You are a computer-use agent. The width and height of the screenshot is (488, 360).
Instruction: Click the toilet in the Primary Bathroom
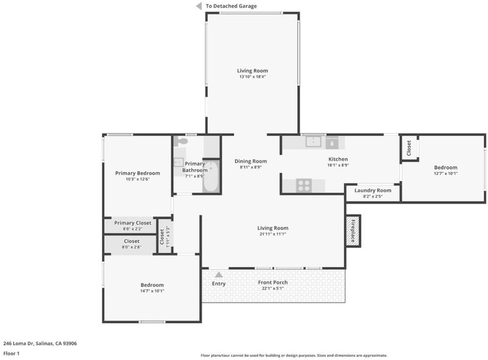180,141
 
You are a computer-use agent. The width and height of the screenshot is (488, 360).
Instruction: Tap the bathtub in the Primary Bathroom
211,176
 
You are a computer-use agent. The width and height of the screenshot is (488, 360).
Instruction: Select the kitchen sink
313,142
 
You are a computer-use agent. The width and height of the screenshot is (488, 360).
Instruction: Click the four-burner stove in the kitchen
304,185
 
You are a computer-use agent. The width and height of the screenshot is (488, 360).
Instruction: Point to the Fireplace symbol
353,231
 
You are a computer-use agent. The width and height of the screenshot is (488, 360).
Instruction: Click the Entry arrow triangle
219,275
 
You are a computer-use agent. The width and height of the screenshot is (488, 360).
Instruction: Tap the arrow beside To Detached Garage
199,6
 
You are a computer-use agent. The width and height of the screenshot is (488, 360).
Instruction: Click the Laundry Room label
373,190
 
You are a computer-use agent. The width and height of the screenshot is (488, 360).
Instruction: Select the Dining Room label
251,161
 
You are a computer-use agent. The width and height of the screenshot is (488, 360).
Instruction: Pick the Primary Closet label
132,223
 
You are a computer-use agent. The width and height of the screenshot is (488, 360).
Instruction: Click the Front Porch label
273,282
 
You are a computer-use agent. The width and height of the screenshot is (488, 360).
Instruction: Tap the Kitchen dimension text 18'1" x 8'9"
338,165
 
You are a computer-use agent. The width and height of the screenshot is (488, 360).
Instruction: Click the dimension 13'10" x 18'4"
253,77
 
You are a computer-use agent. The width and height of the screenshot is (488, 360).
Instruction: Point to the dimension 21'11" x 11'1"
273,234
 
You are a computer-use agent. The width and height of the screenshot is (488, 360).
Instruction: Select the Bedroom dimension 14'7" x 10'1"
152,291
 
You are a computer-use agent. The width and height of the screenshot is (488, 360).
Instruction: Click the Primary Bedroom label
138,173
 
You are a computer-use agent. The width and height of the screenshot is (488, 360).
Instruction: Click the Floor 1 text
11,353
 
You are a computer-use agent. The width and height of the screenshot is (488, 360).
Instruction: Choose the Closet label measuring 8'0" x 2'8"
132,241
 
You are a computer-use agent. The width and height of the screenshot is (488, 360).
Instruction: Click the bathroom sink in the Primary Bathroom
179,162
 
